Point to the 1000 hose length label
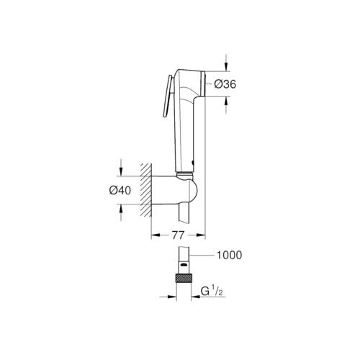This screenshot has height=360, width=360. click(x=228, y=255)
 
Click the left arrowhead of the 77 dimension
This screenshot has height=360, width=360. click(x=155, y=235)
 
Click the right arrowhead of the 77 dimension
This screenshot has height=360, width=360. click(x=202, y=235)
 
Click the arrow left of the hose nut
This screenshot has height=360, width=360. click(x=171, y=297)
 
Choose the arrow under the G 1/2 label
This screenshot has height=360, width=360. click(x=199, y=297)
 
